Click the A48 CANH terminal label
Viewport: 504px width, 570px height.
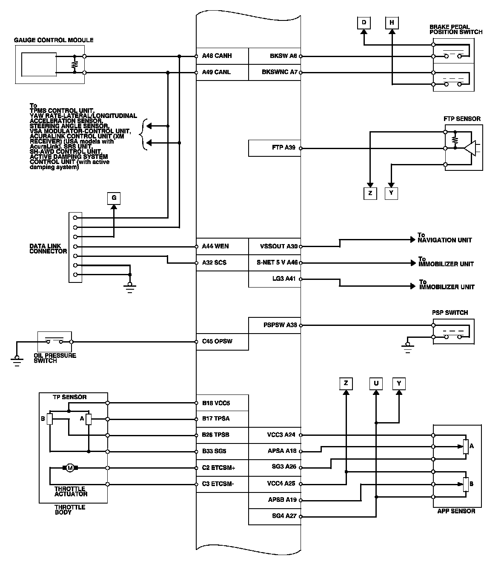click(x=217, y=56)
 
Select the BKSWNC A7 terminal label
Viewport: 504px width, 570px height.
click(x=279, y=72)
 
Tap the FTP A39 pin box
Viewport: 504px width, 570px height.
click(x=274, y=148)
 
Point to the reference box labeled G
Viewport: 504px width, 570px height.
click(x=114, y=198)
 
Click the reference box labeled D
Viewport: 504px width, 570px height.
click(x=364, y=23)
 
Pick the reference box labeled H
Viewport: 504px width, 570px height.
click(x=392, y=23)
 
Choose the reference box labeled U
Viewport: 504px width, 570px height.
click(x=376, y=383)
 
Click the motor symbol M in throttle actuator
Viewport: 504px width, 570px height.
click(x=70, y=468)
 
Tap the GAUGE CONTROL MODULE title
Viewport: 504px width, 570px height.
click(x=54, y=40)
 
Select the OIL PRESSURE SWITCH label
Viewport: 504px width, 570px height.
click(x=55, y=358)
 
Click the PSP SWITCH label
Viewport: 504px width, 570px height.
click(x=450, y=313)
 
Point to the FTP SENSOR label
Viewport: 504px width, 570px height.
click(x=462, y=119)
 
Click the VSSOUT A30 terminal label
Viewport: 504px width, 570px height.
click(x=278, y=246)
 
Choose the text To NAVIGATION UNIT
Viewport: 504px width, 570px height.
click(x=444, y=238)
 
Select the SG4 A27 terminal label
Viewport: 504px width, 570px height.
click(x=284, y=516)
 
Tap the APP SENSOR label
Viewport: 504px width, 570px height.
click(x=456, y=511)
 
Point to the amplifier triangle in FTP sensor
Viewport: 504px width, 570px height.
click(x=470, y=148)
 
